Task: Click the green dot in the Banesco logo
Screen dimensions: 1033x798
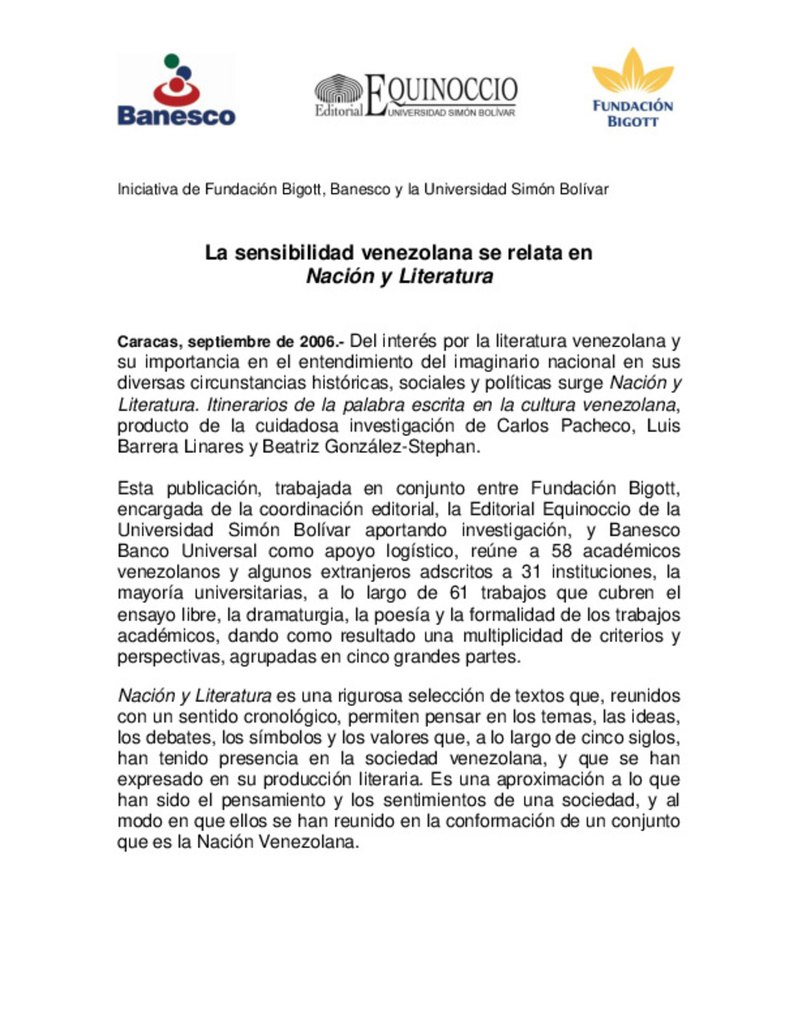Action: coord(171,61)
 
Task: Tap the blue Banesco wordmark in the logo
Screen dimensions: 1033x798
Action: coord(176,116)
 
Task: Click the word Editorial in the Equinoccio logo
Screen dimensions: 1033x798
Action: coord(338,111)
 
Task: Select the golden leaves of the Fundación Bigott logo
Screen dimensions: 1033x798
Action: coord(632,72)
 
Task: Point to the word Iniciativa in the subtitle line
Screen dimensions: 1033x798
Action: coord(148,189)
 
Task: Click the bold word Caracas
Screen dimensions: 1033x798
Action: coord(148,342)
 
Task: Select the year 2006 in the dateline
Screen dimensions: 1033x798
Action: coord(318,342)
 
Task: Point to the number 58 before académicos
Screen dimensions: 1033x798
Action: coord(562,551)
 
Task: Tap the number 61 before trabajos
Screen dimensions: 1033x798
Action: coord(460,593)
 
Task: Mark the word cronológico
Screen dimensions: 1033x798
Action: coord(290,717)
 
